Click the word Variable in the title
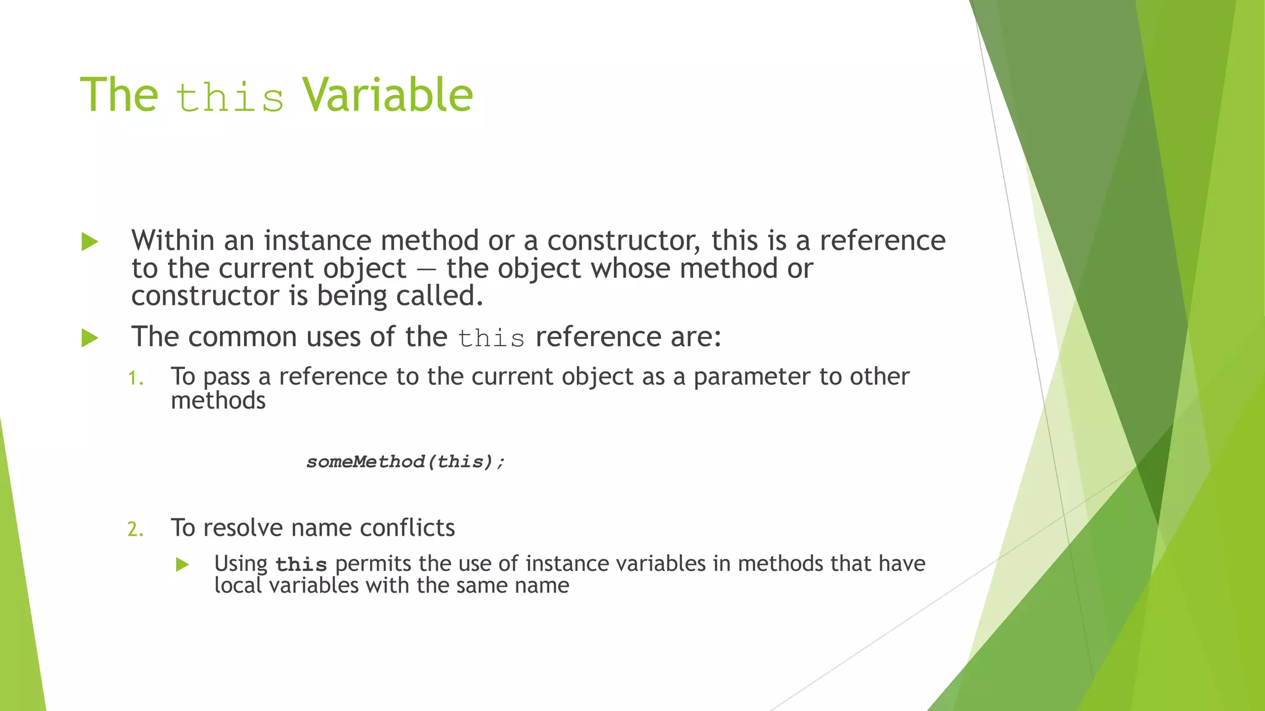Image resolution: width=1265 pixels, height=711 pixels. (387, 96)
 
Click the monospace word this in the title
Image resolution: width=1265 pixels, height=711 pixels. (230, 98)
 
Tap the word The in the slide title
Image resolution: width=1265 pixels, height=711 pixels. (119, 96)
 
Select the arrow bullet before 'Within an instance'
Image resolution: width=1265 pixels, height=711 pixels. (90, 242)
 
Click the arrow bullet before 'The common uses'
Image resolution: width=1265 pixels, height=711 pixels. (90, 338)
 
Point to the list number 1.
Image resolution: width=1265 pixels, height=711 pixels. (135, 378)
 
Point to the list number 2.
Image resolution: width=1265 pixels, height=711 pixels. (135, 530)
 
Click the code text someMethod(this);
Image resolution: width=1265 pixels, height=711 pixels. (406, 462)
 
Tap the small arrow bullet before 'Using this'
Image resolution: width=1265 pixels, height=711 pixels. (182, 564)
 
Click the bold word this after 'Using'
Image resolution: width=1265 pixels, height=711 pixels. (301, 565)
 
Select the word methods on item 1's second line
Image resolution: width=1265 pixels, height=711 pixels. (218, 401)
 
